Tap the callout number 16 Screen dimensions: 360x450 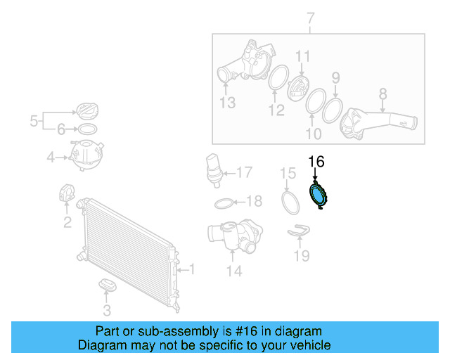pos(316,162)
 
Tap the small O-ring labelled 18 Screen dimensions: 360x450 pos(223,203)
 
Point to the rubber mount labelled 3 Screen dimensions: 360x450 pos(108,285)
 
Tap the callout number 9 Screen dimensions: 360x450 pos(336,77)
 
